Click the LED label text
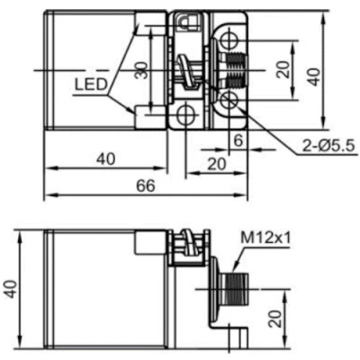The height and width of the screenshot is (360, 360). [x=92, y=87]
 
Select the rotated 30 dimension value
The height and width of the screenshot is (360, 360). [x=140, y=70]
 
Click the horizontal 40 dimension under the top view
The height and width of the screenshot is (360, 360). [x=105, y=158]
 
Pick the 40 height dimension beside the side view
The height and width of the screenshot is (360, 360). [x=11, y=287]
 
